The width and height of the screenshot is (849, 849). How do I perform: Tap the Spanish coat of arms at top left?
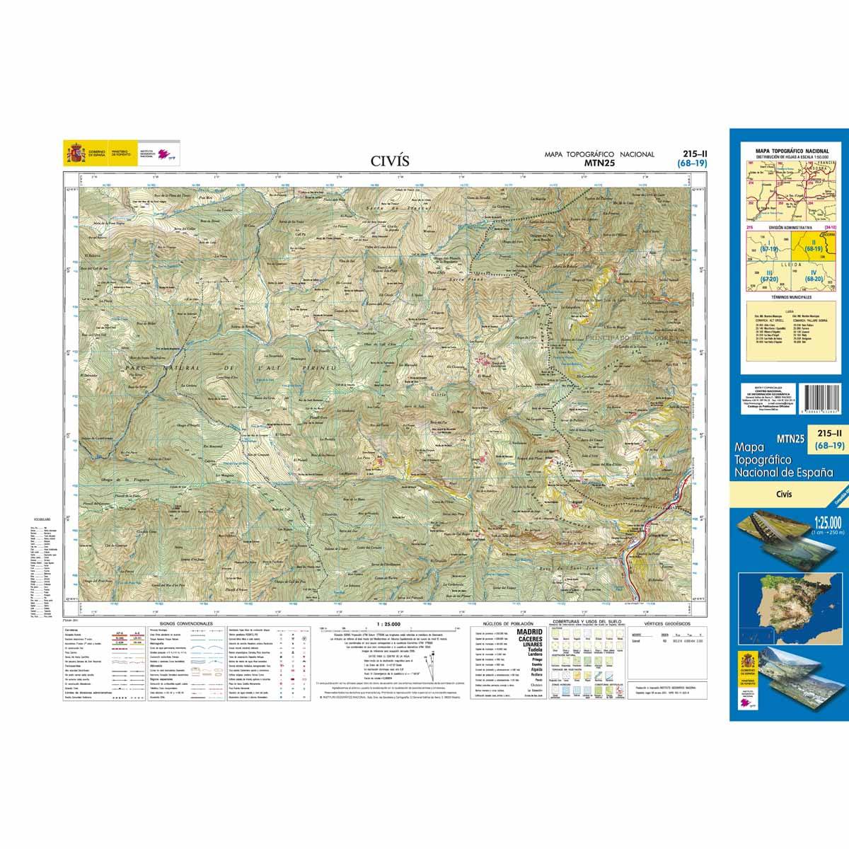pos(74,154)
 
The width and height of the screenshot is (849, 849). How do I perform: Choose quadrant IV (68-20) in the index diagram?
pos(814,279)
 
